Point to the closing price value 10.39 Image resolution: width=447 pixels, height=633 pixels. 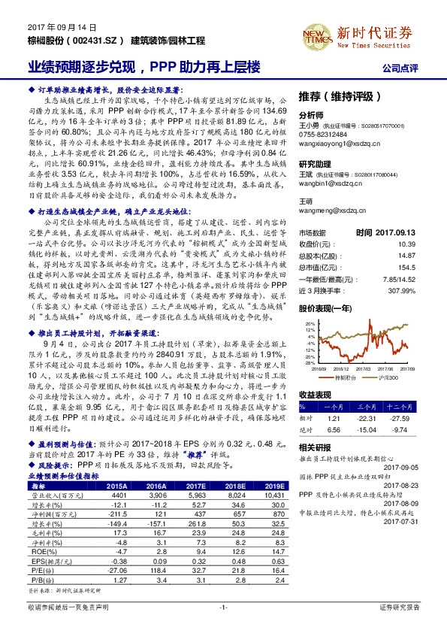tap(427, 223)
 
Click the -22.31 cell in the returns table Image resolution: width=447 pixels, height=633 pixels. tap(379, 416)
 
